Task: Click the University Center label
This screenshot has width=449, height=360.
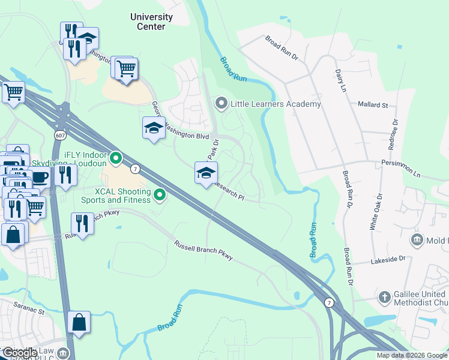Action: pos(151,22)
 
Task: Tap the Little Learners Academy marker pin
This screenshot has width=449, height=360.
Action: pos(221,104)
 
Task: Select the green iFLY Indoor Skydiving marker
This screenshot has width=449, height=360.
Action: pos(116,159)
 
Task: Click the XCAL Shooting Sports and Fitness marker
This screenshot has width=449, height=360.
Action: pos(160,194)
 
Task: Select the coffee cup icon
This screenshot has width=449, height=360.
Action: pos(40,177)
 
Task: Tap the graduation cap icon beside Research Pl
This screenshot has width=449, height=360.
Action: pos(205,173)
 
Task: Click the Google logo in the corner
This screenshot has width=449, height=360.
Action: pos(20,353)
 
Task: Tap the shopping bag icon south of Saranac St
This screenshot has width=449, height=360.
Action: pos(79,322)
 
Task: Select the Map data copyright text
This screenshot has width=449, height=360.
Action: pos(412,355)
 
